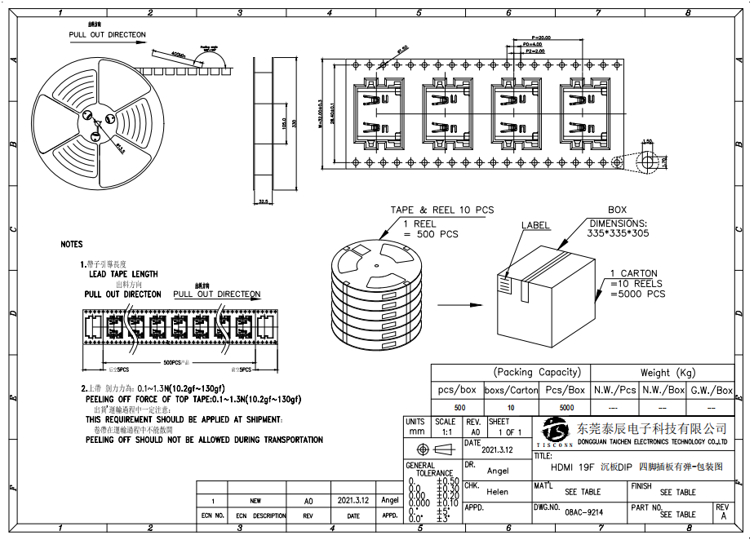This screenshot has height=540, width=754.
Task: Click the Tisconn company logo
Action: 555,432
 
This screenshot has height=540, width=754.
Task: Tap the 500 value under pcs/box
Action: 459,407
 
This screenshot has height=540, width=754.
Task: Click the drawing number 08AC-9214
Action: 583,513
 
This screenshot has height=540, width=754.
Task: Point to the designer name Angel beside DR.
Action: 498,471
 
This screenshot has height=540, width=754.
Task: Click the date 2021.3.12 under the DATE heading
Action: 497,449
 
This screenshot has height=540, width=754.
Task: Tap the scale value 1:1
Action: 446,432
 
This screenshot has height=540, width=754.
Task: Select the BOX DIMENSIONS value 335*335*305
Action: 619,232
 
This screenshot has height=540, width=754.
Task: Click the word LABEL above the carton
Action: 535,225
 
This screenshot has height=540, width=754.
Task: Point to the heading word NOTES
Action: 72,244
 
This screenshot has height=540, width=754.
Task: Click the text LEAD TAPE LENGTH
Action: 123,274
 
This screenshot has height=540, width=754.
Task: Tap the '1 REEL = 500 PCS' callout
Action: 430,229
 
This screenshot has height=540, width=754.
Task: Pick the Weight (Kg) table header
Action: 662,373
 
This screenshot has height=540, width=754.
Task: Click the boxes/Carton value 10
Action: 511,407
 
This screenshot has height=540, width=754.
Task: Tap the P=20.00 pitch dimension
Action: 540,38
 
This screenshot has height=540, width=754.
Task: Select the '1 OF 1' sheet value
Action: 511,432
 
